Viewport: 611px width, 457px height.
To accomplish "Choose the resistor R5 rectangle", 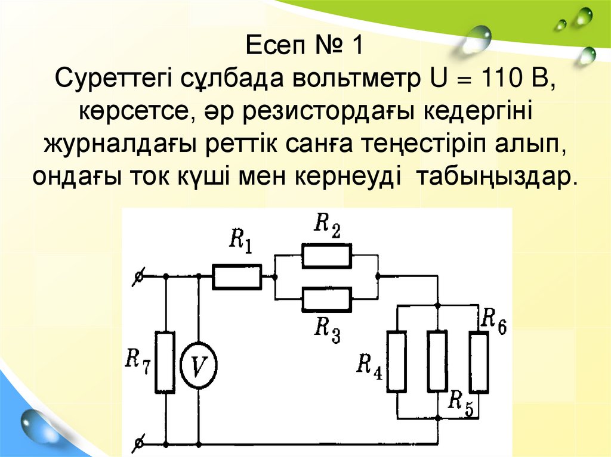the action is [x=438, y=362].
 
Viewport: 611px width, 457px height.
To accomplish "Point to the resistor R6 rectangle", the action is [x=479, y=362].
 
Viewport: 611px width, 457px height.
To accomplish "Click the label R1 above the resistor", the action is [x=240, y=241].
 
